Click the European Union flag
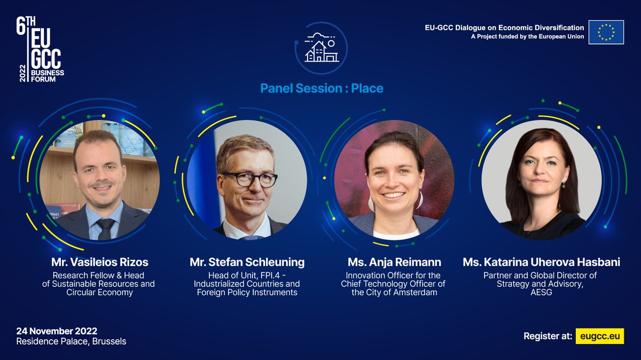coord(606,32)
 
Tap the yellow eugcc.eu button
coord(599,336)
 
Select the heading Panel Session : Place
coord(322,88)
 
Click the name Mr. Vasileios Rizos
coord(100,262)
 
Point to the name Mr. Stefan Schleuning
coord(247,262)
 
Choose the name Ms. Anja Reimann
coord(393,262)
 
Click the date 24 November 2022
coord(57,331)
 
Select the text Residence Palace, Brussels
coord(71,341)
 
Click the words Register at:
coord(548,336)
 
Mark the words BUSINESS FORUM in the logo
coord(47,76)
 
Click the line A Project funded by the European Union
coord(527,36)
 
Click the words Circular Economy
coord(98,292)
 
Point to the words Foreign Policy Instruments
coord(247,292)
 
